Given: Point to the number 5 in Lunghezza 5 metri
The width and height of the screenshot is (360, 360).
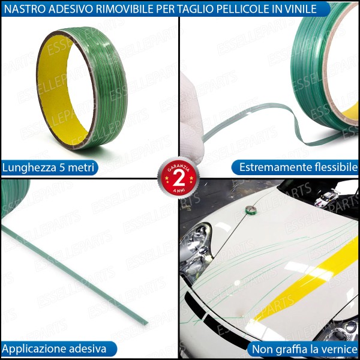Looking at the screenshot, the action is point(62,167).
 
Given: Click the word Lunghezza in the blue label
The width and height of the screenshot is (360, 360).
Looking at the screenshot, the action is point(29,168).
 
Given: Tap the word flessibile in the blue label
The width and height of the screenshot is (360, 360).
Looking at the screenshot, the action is point(335,167).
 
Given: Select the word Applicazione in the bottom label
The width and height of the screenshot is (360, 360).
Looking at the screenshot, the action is point(34,349).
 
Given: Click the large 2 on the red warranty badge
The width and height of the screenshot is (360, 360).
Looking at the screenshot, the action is point(179,178).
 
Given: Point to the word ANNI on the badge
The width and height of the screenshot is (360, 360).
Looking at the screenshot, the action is point(178,190).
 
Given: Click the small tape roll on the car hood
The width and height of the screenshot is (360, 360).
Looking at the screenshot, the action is point(250,209).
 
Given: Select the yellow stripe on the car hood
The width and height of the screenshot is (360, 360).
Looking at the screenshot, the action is point(307,279).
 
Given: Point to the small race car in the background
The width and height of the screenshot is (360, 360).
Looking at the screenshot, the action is point(327,197).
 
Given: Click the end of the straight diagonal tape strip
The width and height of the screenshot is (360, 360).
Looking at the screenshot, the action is point(146,323).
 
